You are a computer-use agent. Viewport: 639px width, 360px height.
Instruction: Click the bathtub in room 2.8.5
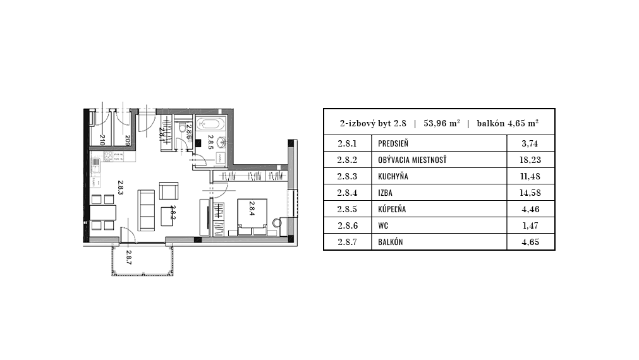pos(210,123)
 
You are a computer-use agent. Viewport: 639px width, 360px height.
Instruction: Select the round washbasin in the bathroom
pos(221,142)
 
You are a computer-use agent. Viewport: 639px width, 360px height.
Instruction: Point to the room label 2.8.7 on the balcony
pos(129,258)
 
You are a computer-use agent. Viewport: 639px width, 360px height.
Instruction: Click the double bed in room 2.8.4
pos(252,217)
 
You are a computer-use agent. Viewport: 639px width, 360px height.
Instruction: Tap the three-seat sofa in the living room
pos(146,210)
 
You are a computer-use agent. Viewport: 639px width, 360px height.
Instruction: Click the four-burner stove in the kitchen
pos(109,157)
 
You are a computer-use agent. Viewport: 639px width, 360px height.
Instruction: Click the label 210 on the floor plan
pos(102,140)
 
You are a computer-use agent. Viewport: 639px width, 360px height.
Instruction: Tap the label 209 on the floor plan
pos(128,140)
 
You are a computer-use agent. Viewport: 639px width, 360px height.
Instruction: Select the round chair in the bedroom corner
pos(277,223)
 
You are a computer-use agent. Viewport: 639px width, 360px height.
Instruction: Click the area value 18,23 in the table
pos(530,160)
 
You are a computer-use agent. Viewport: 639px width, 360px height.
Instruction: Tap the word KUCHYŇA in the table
pos(393,176)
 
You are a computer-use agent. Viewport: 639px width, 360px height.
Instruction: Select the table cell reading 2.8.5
pos(347,209)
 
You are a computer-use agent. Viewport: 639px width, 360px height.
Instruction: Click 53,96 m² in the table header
pos(442,123)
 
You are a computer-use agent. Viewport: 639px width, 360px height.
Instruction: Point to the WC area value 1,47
pos(530,225)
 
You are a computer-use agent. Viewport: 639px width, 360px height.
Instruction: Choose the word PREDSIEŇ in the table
pos(393,143)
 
